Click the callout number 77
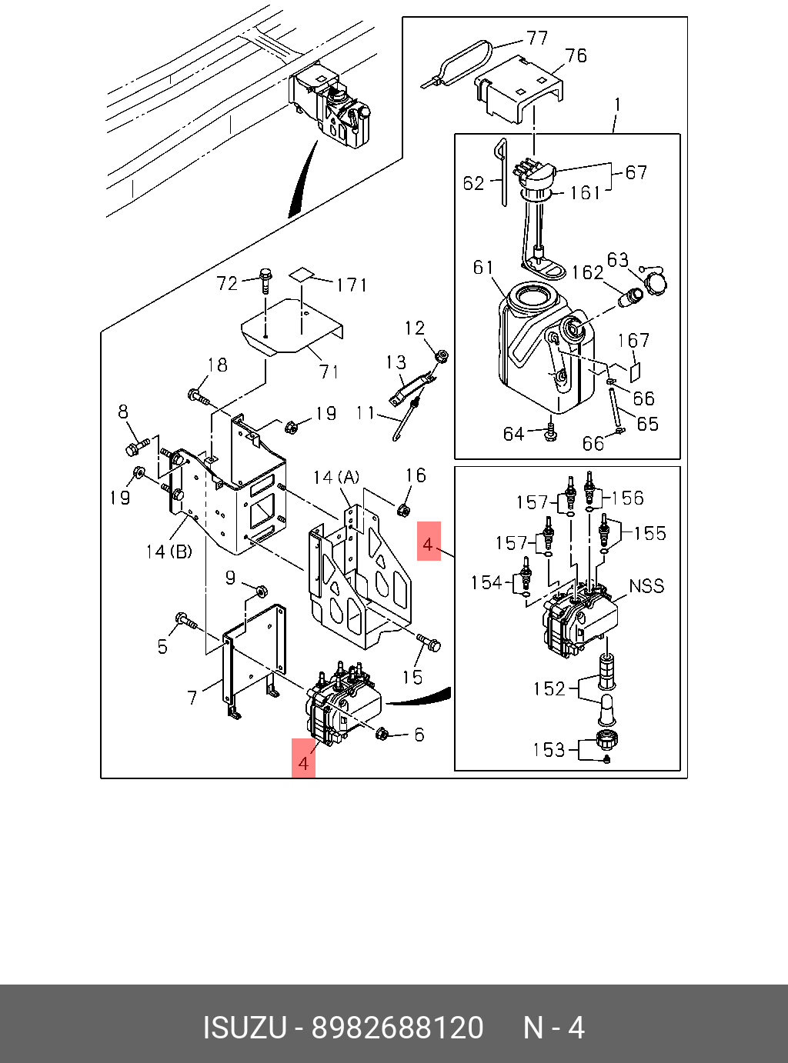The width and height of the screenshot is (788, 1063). coord(536,38)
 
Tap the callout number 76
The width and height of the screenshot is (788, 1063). coord(576,56)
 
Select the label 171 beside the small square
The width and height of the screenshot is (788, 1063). coord(352,285)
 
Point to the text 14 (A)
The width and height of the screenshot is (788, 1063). coord(336,478)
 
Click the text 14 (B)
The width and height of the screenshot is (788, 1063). coord(169,551)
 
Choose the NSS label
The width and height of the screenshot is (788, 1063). coord(646,586)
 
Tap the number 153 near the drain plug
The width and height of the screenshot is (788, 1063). coord(549,750)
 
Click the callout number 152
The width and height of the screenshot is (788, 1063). coord(549,689)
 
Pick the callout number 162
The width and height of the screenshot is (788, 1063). coord(587,273)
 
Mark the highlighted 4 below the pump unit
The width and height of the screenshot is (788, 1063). coord(303,764)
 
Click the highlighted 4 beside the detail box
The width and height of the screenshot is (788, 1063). coord(429,545)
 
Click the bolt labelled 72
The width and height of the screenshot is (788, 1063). coord(264,281)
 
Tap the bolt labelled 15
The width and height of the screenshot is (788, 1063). coord(429,641)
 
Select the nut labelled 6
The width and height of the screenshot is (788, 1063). coord(382,733)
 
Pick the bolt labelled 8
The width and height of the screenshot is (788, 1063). coord(138,446)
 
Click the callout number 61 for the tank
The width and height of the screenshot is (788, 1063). coord(483,268)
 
